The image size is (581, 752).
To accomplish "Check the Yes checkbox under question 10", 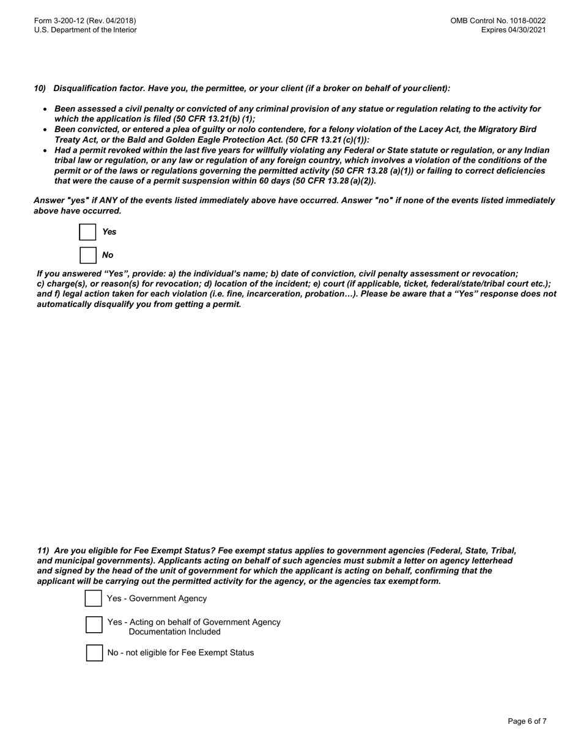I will (x=88, y=232).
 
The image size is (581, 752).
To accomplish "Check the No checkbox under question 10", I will (x=88, y=255).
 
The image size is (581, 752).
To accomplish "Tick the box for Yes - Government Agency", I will (x=94, y=599).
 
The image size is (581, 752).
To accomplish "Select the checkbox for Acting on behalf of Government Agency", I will (x=94, y=625).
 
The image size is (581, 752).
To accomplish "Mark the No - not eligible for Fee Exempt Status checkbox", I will (x=94, y=653).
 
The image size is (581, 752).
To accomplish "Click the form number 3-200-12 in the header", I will (x=85, y=21).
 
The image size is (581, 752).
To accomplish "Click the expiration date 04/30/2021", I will (x=527, y=30).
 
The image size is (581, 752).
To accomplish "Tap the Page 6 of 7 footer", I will (x=527, y=721).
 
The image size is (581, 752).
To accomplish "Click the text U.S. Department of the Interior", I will (x=86, y=30).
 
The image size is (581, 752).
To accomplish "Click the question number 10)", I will (x=40, y=89).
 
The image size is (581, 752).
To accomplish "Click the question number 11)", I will (x=43, y=550).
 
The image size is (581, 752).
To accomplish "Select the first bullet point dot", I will (x=45, y=109).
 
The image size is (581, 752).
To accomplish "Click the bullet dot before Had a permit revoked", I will (x=45, y=150).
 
